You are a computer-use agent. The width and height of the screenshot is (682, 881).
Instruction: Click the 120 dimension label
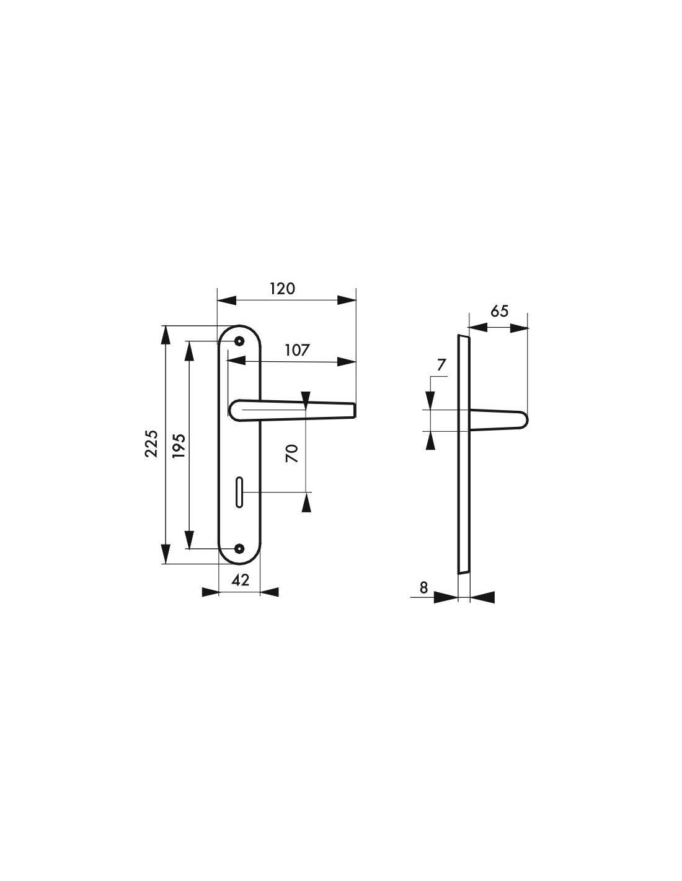pyautogui.click(x=282, y=289)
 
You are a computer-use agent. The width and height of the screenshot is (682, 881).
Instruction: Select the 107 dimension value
pyautogui.click(x=296, y=350)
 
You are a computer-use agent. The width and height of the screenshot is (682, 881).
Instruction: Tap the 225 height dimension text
pyautogui.click(x=151, y=444)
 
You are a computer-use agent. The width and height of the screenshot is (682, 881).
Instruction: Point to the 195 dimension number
pyautogui.click(x=179, y=446)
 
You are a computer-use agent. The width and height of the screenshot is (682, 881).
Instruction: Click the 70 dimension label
pyautogui.click(x=292, y=454)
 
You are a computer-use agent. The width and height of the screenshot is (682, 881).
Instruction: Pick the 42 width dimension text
pyautogui.click(x=240, y=580)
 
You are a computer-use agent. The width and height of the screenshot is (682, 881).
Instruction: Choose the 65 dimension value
pyautogui.click(x=499, y=312)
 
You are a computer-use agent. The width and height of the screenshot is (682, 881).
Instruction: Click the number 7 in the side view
pyautogui.click(x=441, y=365)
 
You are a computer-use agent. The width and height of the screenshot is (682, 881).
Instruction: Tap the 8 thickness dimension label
pyautogui.click(x=423, y=587)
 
